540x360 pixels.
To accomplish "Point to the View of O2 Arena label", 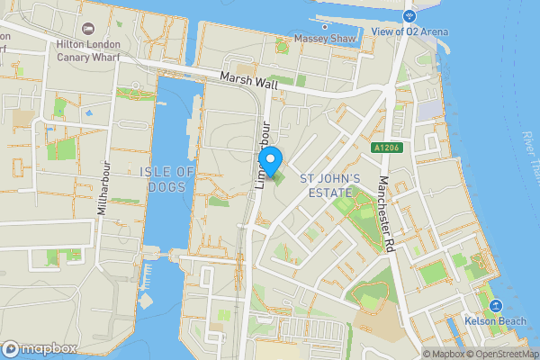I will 409,33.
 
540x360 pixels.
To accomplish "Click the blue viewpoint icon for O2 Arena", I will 409,16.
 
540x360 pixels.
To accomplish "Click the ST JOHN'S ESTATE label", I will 330,185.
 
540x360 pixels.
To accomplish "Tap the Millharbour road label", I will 103,189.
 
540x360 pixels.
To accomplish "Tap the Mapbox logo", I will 40,348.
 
